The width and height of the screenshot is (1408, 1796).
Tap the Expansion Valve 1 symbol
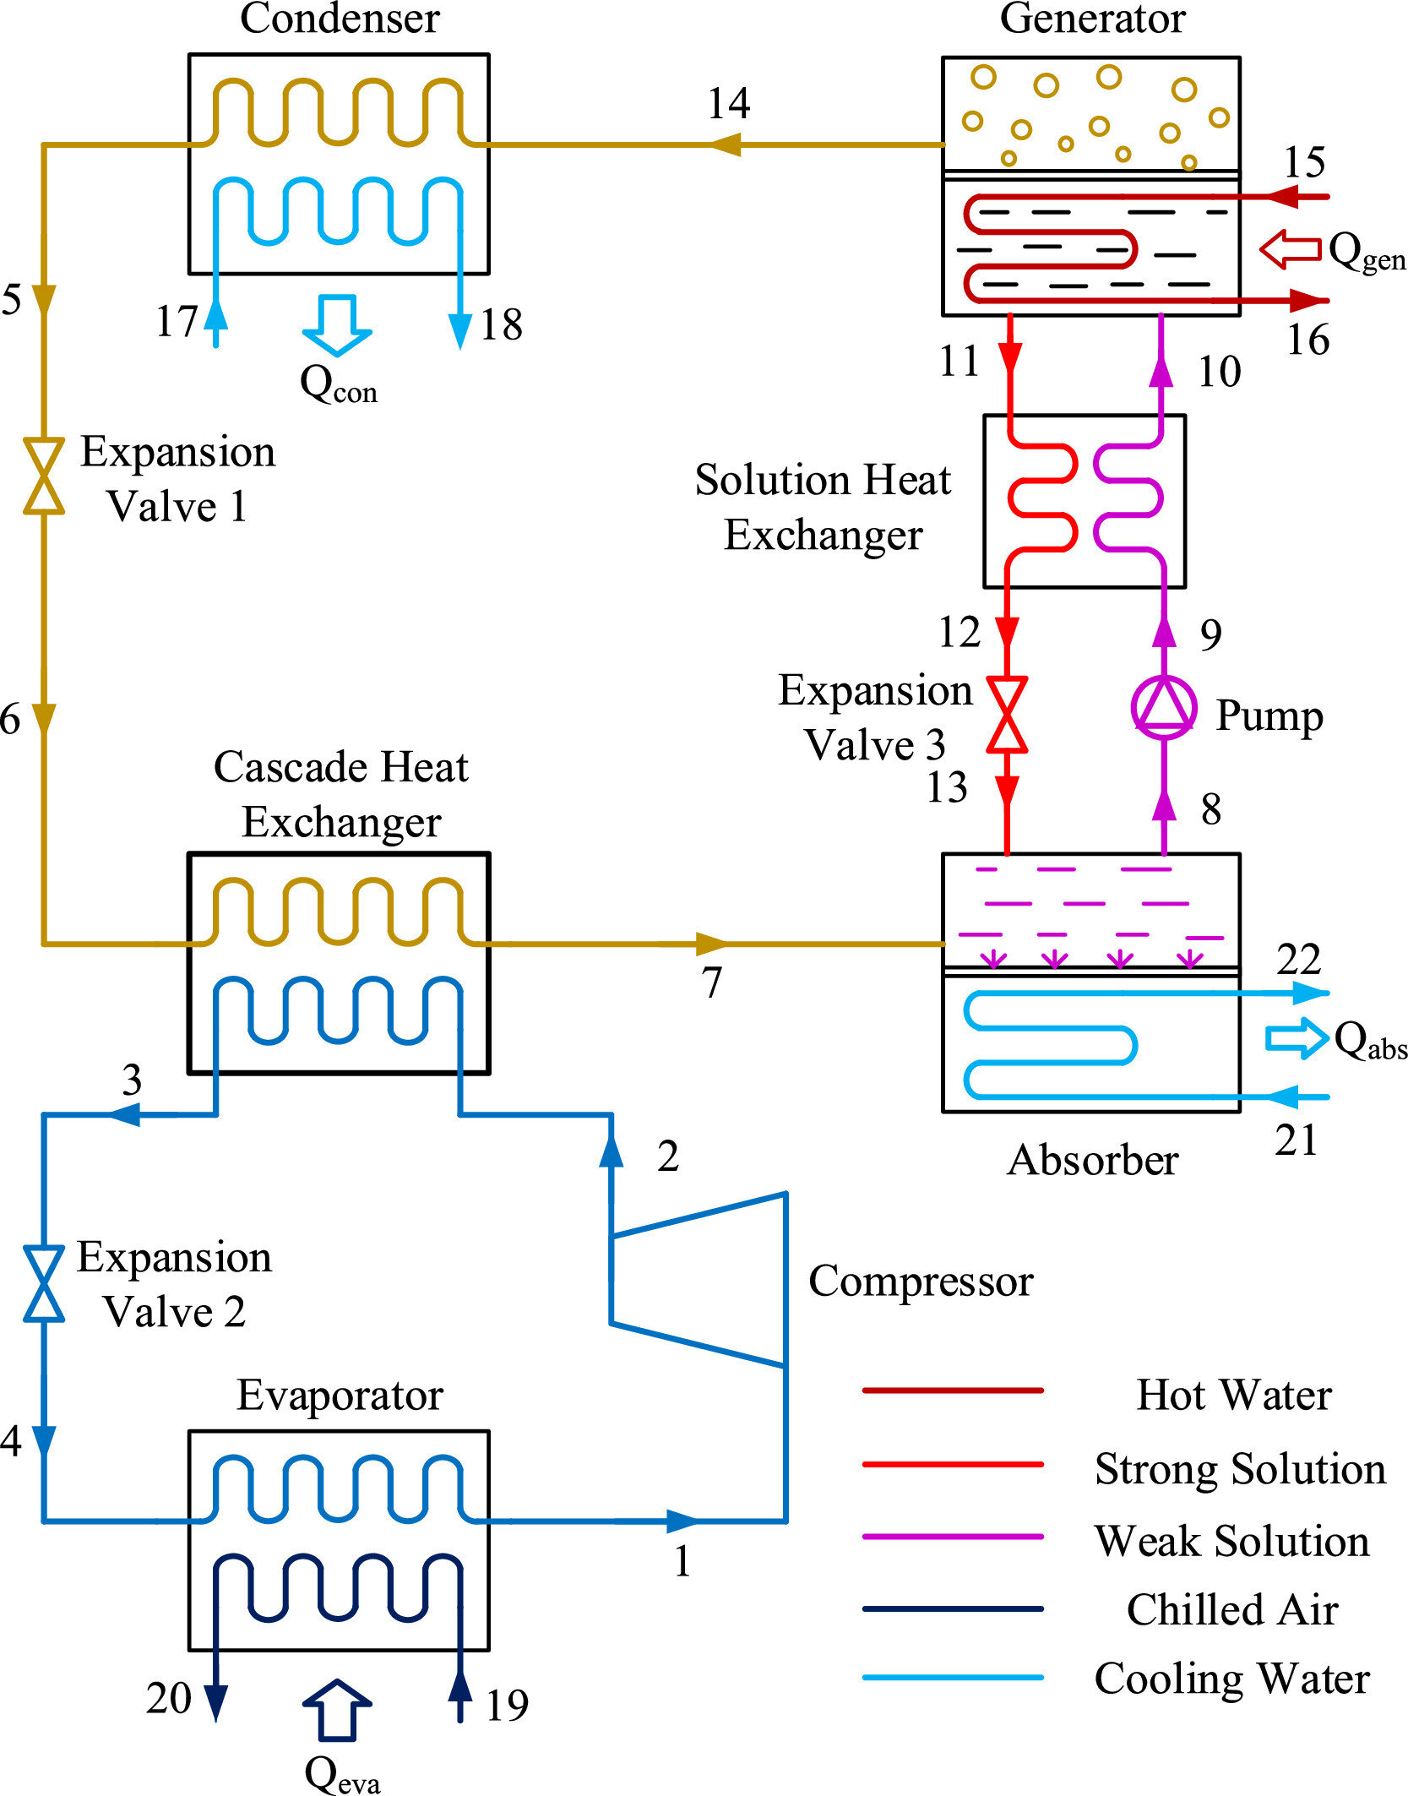[x=44, y=476]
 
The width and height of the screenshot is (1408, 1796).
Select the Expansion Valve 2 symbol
[x=44, y=1282]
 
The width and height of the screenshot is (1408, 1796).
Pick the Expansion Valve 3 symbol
[x=1007, y=714]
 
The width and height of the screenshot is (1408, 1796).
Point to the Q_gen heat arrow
[x=1290, y=249]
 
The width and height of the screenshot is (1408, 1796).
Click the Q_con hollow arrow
[x=337, y=325]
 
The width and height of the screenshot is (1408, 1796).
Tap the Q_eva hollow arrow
[x=337, y=1710]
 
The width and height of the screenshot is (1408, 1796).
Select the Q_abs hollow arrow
[x=1297, y=1038]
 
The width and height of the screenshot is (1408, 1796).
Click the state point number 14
[x=729, y=104]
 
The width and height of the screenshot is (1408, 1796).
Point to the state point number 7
[x=712, y=982]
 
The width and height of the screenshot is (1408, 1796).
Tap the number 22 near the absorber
[x=1298, y=960]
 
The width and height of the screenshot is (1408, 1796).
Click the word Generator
[x=1092, y=19]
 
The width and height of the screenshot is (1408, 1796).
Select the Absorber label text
[x=1093, y=1160]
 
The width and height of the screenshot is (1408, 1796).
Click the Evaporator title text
[x=340, y=1396]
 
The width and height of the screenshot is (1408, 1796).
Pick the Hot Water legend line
[x=953, y=1390]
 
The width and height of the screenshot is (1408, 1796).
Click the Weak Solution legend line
[x=953, y=1537]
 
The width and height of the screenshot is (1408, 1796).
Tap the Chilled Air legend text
[x=1232, y=1609]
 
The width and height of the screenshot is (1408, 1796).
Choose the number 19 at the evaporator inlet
[x=507, y=1706]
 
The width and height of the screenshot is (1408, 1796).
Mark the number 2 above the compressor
[x=668, y=1156]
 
